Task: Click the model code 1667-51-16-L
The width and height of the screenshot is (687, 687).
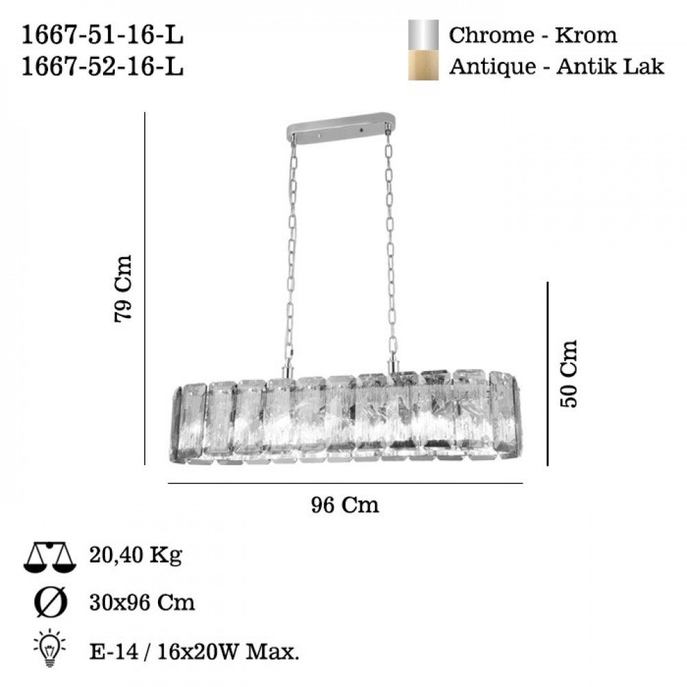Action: click(x=102, y=35)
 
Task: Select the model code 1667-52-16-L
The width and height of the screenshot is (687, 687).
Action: click(x=102, y=67)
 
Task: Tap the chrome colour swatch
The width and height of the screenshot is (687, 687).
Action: click(x=423, y=35)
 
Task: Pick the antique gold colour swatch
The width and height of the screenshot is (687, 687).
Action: click(x=423, y=65)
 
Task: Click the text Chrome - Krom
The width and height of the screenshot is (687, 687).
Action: click(x=533, y=35)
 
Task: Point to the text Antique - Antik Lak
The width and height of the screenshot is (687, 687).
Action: click(x=556, y=67)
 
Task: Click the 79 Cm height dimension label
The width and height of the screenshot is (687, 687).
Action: click(x=123, y=289)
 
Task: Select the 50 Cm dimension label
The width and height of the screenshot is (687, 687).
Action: click(x=569, y=374)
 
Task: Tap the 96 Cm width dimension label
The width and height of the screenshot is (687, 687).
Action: click(x=345, y=505)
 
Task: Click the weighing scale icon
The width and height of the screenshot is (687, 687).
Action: click(x=49, y=557)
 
